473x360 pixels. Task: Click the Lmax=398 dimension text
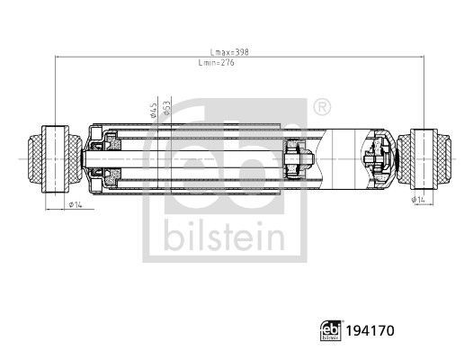tap(228, 52)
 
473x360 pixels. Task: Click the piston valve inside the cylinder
tap(297, 157)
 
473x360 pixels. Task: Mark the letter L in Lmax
tap(210, 52)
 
